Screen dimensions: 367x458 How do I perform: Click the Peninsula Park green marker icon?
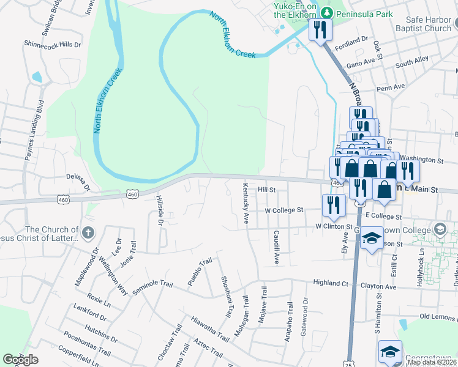tap(326, 12)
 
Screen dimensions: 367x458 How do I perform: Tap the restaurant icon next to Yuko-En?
tap(320, 29)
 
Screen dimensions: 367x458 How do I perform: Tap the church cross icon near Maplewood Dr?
tap(88, 232)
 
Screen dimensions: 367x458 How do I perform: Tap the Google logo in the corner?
tap(20, 360)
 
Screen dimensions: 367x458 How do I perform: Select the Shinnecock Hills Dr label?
tap(52, 45)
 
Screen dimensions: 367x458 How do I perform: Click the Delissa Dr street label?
tap(78, 180)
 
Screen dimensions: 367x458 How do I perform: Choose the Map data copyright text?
tap(431, 362)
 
